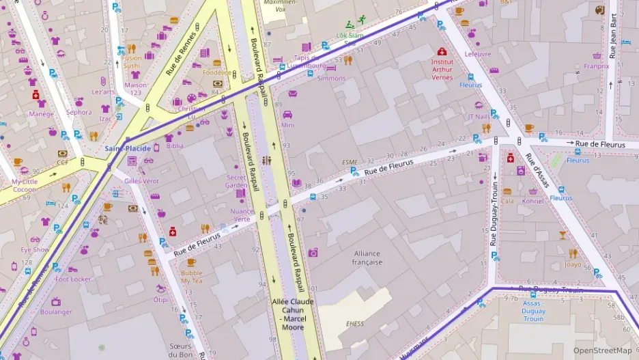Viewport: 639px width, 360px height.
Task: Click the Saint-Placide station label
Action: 128,148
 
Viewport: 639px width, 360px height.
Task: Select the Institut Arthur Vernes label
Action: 442,69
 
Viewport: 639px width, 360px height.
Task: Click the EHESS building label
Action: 354,324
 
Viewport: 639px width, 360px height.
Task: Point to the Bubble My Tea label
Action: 191,277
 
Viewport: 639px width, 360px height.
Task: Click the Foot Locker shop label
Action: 73,279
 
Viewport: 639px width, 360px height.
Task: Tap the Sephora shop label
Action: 79,112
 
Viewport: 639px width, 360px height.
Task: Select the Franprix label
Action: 596,67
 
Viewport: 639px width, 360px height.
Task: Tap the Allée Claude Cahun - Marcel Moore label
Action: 292,314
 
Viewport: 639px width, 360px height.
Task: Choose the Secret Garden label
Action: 236,181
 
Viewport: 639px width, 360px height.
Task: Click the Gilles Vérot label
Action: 141,181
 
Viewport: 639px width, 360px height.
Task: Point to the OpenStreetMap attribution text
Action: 602,350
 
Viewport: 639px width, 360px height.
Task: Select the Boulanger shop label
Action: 56,312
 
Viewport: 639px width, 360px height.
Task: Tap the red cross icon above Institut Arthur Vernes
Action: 442,51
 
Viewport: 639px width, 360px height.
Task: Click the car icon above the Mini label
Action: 287,114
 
